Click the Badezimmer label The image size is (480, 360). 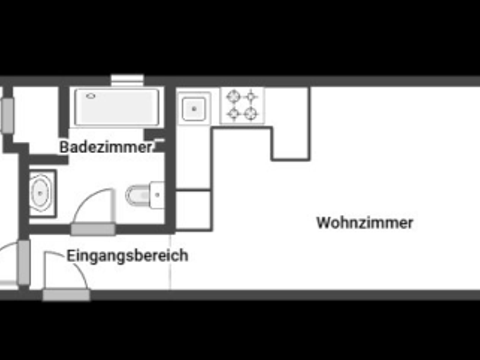click(106, 147)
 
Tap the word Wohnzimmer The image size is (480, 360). click(365, 222)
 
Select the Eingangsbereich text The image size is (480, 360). click(127, 255)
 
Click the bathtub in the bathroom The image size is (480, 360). click(117, 107)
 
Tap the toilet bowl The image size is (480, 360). click(137, 196)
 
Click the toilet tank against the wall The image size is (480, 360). click(157, 196)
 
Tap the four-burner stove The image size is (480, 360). click(243, 105)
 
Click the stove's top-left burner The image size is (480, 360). click(233, 96)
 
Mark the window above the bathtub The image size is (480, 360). click(126, 79)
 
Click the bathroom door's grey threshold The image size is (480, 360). click(93, 229)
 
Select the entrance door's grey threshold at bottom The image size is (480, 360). click(66, 295)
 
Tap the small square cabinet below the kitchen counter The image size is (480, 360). click(193, 210)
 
